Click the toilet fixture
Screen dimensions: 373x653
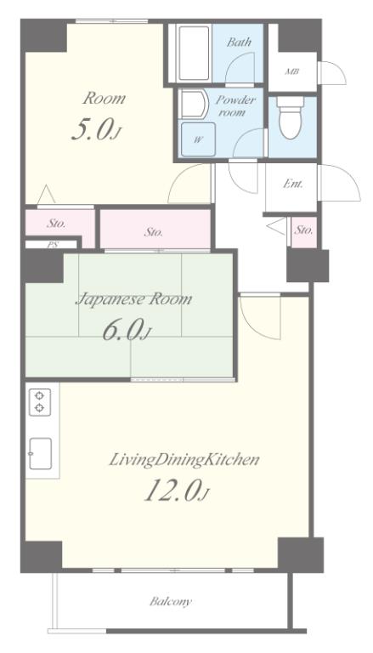click(291, 117)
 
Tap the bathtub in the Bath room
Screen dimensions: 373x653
click(193, 53)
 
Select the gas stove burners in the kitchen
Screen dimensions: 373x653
click(40, 401)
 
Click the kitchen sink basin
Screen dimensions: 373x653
click(41, 453)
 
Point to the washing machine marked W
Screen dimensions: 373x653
click(198, 139)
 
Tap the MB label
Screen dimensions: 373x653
click(292, 71)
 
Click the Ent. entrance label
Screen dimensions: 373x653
click(292, 184)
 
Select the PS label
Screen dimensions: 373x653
click(52, 245)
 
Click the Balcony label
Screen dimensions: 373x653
click(171, 601)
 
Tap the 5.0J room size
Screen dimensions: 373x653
click(98, 129)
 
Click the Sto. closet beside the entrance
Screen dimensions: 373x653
click(303, 232)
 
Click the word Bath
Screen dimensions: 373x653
click(239, 42)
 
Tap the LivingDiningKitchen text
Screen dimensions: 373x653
click(184, 460)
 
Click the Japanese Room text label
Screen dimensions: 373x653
click(133, 299)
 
